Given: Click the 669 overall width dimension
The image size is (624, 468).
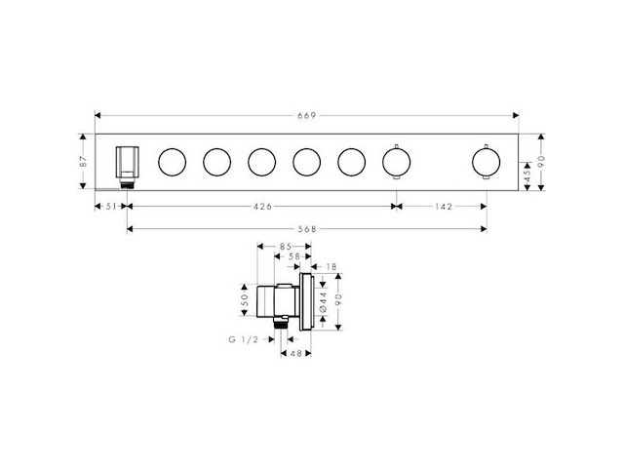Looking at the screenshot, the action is [x=306, y=116].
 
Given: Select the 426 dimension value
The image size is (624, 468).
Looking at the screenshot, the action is [x=262, y=207].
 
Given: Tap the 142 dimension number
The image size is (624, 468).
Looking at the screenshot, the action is [x=444, y=207].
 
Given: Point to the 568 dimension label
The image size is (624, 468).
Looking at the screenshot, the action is [x=307, y=229].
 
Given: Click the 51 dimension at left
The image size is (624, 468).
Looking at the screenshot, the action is [x=110, y=206].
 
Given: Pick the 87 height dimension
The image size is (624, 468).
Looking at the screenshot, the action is [x=83, y=162].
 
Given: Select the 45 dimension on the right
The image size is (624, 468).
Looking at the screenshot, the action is [x=526, y=176].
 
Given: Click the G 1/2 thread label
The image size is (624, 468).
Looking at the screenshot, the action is [x=244, y=339].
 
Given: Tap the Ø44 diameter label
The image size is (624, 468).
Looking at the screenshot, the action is [x=323, y=302].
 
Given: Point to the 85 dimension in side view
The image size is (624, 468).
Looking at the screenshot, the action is [x=285, y=247].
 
